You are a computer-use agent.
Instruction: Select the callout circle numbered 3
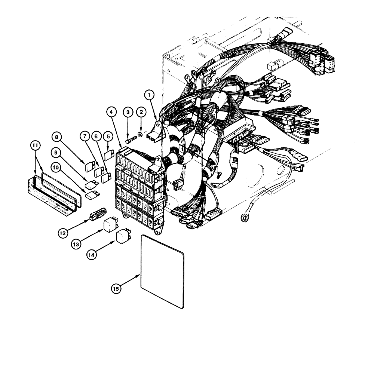tap(128, 111)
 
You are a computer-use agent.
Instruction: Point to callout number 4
tap(111, 111)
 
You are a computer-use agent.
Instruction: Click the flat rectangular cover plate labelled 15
tap(162, 271)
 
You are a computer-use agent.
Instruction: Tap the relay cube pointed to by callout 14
tap(123, 237)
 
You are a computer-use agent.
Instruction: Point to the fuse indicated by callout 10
tap(91, 195)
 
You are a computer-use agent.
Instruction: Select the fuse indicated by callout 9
tap(91, 184)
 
